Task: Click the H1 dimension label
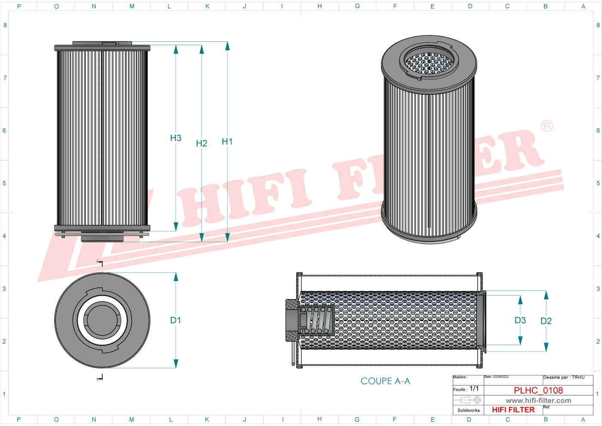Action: pyautogui.click(x=227, y=142)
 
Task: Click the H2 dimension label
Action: pyautogui.click(x=201, y=143)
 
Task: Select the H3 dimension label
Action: pyautogui.click(x=175, y=138)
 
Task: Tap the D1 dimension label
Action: pyautogui.click(x=175, y=320)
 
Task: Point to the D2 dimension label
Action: pyautogui.click(x=546, y=321)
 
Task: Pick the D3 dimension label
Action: pyautogui.click(x=520, y=320)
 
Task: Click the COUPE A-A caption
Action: pyautogui.click(x=385, y=381)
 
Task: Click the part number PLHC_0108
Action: pyautogui.click(x=538, y=390)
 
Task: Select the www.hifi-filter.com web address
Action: pyautogui.click(x=538, y=401)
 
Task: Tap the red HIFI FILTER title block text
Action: pyautogui.click(x=513, y=410)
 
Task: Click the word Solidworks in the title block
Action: pyautogui.click(x=468, y=411)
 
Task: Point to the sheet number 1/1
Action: pyautogui.click(x=474, y=389)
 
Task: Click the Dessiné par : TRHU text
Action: pyautogui.click(x=564, y=377)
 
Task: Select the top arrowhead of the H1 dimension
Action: pyautogui.click(x=227, y=46)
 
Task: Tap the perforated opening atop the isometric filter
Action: pyautogui.click(x=429, y=63)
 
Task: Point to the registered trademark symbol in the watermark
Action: pyautogui.click(x=547, y=126)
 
